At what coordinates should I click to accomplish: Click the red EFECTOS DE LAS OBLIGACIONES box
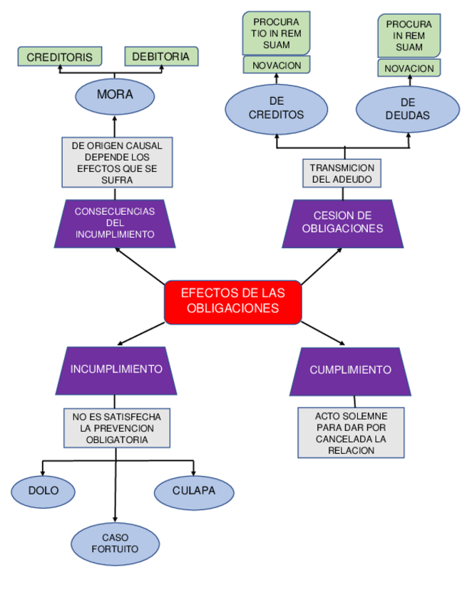[232, 301]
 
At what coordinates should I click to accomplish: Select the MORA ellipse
[115, 95]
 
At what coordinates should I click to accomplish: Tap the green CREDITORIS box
[60, 56]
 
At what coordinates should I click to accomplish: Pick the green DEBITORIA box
[161, 56]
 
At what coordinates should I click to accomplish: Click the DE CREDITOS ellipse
[277, 108]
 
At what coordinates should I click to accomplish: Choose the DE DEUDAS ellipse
[408, 109]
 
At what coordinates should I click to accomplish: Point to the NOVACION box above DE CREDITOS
[277, 65]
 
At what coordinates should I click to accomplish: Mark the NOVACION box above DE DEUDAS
[409, 68]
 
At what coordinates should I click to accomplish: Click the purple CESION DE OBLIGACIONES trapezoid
[342, 223]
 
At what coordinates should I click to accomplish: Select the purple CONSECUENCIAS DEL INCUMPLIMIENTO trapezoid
[115, 223]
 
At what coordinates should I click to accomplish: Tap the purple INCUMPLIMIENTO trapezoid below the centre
[116, 370]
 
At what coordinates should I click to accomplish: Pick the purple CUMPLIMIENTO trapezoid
[350, 370]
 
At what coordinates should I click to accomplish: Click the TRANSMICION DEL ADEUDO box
[342, 173]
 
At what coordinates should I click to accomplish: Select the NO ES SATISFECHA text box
[116, 428]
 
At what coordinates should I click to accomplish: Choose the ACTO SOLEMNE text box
[351, 433]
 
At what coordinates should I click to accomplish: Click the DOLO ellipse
[43, 492]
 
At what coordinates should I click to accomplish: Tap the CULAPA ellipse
[194, 492]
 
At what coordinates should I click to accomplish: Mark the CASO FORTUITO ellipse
[115, 544]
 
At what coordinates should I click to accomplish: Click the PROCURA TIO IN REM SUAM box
[277, 33]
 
